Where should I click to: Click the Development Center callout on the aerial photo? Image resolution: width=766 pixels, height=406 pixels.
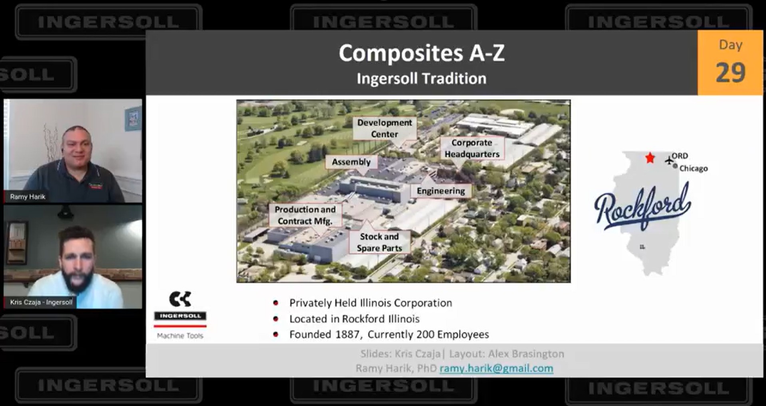pyautogui.click(x=384, y=128)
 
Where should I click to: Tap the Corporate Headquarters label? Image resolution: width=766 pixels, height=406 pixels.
pyautogui.click(x=472, y=148)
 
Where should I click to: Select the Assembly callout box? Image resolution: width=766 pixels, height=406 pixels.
pyautogui.click(x=351, y=162)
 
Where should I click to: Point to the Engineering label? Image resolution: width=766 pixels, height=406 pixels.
pyautogui.click(x=441, y=191)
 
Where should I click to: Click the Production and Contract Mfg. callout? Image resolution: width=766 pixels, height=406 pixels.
pyautogui.click(x=305, y=215)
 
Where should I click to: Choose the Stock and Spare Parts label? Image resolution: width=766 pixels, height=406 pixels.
pyautogui.click(x=379, y=242)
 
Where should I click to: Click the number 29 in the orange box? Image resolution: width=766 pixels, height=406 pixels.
pyautogui.click(x=730, y=73)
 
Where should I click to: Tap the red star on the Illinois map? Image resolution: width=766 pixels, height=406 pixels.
pyautogui.click(x=650, y=158)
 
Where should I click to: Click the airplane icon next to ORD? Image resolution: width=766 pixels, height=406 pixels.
pyautogui.click(x=669, y=160)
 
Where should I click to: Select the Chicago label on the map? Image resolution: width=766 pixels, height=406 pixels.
pyautogui.click(x=693, y=169)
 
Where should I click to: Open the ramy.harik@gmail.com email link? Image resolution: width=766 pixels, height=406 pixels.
pyautogui.click(x=496, y=368)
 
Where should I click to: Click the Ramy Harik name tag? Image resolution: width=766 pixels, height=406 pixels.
pyautogui.click(x=28, y=197)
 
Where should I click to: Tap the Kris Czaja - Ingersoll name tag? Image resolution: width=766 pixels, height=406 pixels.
pyautogui.click(x=41, y=302)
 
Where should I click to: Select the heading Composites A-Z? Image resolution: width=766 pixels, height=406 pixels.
pyautogui.click(x=421, y=53)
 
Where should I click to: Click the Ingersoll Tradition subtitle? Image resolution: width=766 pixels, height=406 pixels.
pyautogui.click(x=421, y=79)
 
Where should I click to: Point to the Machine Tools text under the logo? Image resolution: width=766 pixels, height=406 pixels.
pyautogui.click(x=180, y=336)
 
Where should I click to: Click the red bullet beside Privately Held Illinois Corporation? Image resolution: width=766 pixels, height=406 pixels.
pyautogui.click(x=275, y=303)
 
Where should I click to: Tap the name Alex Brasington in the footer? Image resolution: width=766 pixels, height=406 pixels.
pyautogui.click(x=526, y=354)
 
